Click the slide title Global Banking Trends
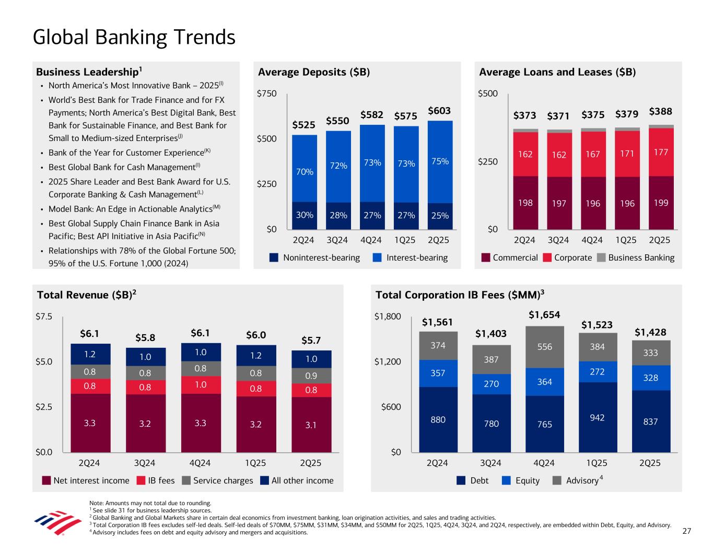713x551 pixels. pyautogui.click(x=134, y=37)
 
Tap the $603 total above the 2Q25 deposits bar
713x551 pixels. pyautogui.click(x=439, y=111)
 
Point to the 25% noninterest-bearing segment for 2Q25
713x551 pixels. pyautogui.click(x=440, y=215)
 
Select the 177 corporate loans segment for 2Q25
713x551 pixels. pyautogui.click(x=661, y=152)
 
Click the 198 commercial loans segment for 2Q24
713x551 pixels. pyautogui.click(x=525, y=203)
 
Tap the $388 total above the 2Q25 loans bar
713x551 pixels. pyautogui.click(x=660, y=112)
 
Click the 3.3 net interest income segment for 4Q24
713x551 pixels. pyautogui.click(x=200, y=423)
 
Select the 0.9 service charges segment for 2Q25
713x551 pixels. pyautogui.click(x=311, y=376)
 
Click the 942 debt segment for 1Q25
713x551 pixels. pyautogui.click(x=597, y=417)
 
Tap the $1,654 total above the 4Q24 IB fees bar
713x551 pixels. pyautogui.click(x=544, y=315)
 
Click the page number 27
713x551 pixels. pyautogui.click(x=687, y=531)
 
